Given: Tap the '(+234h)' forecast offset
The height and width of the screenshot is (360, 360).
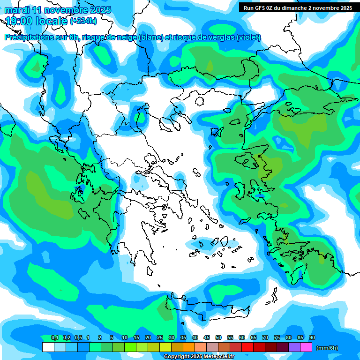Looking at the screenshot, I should [x=83, y=21].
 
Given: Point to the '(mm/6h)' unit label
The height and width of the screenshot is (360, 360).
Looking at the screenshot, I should [x=327, y=348].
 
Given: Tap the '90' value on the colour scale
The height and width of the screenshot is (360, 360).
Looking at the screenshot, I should [x=312, y=337].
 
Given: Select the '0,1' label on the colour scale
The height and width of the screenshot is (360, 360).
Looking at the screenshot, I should [x=54, y=337].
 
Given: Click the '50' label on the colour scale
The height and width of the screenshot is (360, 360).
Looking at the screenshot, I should [x=218, y=337].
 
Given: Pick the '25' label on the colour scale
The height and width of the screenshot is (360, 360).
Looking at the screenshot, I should [x=160, y=337].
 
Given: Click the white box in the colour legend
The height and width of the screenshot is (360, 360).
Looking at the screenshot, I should [x=48, y=347].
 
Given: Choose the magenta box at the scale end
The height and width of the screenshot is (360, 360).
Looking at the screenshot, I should [x=306, y=347].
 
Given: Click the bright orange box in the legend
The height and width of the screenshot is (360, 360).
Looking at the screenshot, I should [x=188, y=347].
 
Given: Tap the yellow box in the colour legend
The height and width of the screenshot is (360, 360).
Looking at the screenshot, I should [x=165, y=347].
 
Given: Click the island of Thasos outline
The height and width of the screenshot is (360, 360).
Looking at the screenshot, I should [x=199, y=101].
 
